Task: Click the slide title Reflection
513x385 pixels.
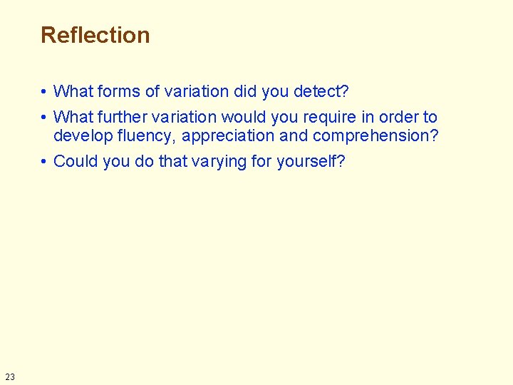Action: [95, 35]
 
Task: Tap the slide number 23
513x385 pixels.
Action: [9, 376]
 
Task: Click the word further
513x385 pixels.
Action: [120, 117]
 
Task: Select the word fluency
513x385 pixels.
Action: [150, 135]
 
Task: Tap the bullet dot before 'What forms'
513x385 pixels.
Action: [44, 92]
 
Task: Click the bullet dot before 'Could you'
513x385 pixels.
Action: [44, 162]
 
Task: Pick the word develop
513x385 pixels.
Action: [81, 135]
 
